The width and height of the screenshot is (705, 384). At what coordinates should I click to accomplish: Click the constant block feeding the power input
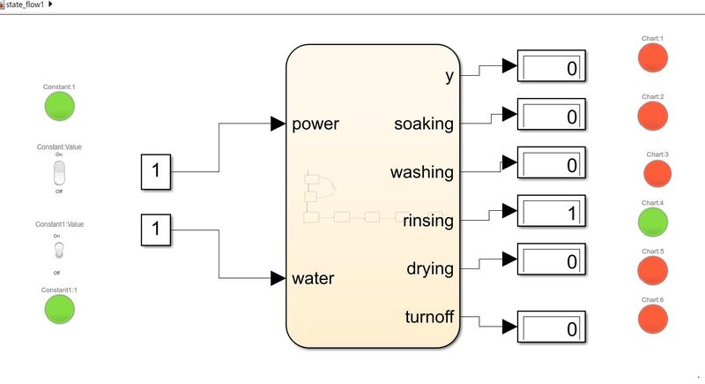point(156,171)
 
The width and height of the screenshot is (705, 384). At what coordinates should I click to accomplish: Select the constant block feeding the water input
point(156,230)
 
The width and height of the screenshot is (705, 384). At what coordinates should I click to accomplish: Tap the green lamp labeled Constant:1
point(60,106)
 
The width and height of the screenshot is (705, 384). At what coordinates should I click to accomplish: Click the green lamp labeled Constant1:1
point(60,309)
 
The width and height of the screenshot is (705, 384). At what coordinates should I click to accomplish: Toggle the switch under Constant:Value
point(60,173)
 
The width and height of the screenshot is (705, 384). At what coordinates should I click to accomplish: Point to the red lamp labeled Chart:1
point(653,57)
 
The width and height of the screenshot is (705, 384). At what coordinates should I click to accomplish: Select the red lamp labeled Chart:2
point(653,116)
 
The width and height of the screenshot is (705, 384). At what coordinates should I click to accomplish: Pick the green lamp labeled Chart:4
point(653,222)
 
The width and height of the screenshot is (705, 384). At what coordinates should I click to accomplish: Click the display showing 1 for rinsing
point(551,213)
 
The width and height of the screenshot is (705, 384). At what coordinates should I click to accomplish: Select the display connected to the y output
point(551,68)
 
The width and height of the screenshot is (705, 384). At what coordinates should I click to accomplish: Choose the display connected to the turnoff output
point(551,328)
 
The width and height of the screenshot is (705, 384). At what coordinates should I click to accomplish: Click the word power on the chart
point(315,124)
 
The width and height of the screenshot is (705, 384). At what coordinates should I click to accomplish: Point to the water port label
point(313,279)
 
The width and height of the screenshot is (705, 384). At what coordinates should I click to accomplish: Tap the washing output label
point(422,172)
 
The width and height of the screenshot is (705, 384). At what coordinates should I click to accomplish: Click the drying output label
point(430,267)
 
